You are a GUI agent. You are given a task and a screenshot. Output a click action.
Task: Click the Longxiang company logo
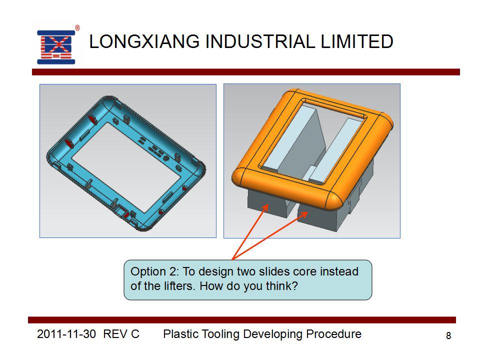coord(56,47)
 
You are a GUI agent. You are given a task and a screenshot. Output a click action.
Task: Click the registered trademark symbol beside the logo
coord(77,28)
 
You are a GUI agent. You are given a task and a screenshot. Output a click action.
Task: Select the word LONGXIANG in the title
coord(144,41)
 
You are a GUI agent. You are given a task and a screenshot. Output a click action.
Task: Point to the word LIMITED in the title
coord(357,41)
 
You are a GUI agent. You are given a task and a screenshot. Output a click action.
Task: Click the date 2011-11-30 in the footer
coord(66,334)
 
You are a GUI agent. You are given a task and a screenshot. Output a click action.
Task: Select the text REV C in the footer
coord(121,334)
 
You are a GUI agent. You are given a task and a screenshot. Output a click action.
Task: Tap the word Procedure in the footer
coord(333,334)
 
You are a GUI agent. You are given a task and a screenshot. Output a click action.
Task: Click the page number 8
coord(448,336)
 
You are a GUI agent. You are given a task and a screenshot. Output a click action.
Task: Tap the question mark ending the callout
coord(294,286)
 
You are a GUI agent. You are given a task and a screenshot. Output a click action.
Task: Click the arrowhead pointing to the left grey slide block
coord(265,207)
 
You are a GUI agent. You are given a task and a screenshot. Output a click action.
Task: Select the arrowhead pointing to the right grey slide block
coord(303,215)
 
